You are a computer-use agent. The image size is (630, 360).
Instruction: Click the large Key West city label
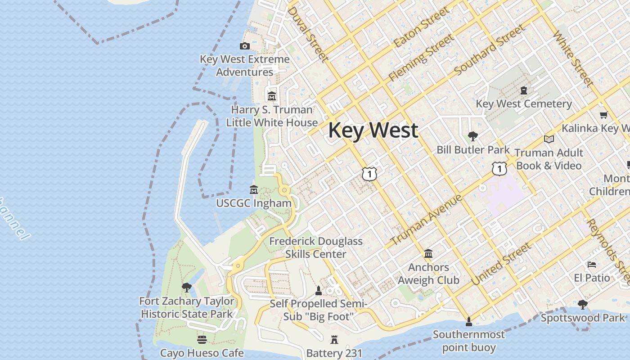tap(373, 130)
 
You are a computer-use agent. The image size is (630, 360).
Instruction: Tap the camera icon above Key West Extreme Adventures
tap(245, 46)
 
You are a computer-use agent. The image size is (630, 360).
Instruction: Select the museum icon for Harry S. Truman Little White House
tap(272, 96)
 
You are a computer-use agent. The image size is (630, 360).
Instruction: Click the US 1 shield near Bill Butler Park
tap(499, 168)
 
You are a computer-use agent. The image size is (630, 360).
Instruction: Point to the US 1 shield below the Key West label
tap(369, 174)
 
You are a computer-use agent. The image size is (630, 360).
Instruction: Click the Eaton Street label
tap(421, 27)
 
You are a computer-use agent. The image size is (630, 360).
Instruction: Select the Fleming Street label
tap(421, 58)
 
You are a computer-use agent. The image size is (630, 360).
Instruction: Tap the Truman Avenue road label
tap(426, 220)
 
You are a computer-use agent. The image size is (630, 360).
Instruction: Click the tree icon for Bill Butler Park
tap(472, 136)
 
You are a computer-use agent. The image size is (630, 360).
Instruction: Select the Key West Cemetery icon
tap(524, 90)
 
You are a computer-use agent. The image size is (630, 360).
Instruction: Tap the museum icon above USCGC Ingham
tap(254, 190)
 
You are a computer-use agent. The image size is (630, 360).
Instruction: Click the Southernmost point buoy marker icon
tap(468, 321)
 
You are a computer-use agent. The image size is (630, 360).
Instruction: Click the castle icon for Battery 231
tap(334, 340)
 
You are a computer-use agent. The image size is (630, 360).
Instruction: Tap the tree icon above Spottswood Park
tap(582, 305)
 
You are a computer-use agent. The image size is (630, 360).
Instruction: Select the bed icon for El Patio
tap(592, 265)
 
